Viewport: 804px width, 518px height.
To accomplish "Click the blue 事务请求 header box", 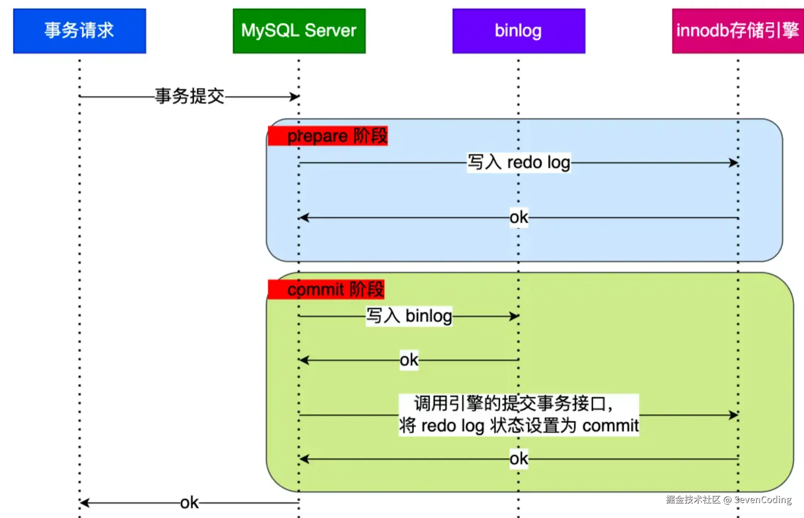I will point(79,31).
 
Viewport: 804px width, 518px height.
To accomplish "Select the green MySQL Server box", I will point(299,31).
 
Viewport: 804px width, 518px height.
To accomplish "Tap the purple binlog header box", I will point(518,31).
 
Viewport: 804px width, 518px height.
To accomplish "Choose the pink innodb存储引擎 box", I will point(737,31).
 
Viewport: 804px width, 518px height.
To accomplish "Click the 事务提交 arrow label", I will point(189,96).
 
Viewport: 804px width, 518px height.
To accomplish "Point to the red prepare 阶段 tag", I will point(328,136).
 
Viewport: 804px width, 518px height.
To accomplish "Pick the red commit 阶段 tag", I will point(326,289).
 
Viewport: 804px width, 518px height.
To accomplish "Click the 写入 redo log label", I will point(519,162).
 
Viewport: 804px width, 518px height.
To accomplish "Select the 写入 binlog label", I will point(409,316).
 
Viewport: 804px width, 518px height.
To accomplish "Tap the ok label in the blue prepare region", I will point(519,218).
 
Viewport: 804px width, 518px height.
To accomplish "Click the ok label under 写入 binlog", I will point(409,360).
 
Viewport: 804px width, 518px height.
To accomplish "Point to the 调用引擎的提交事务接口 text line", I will point(513,403).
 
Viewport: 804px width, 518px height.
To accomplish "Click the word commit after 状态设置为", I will point(610,426).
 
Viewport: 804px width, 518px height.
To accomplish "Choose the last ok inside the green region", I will point(519,459).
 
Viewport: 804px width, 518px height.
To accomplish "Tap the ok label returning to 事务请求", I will point(189,503).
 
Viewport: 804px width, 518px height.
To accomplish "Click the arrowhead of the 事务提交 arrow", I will point(295,97).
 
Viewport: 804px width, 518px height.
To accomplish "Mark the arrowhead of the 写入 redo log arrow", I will point(734,162).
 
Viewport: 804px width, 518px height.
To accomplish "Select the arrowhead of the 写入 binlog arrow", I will point(514,316).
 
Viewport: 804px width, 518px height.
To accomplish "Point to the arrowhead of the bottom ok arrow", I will point(84,503).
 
